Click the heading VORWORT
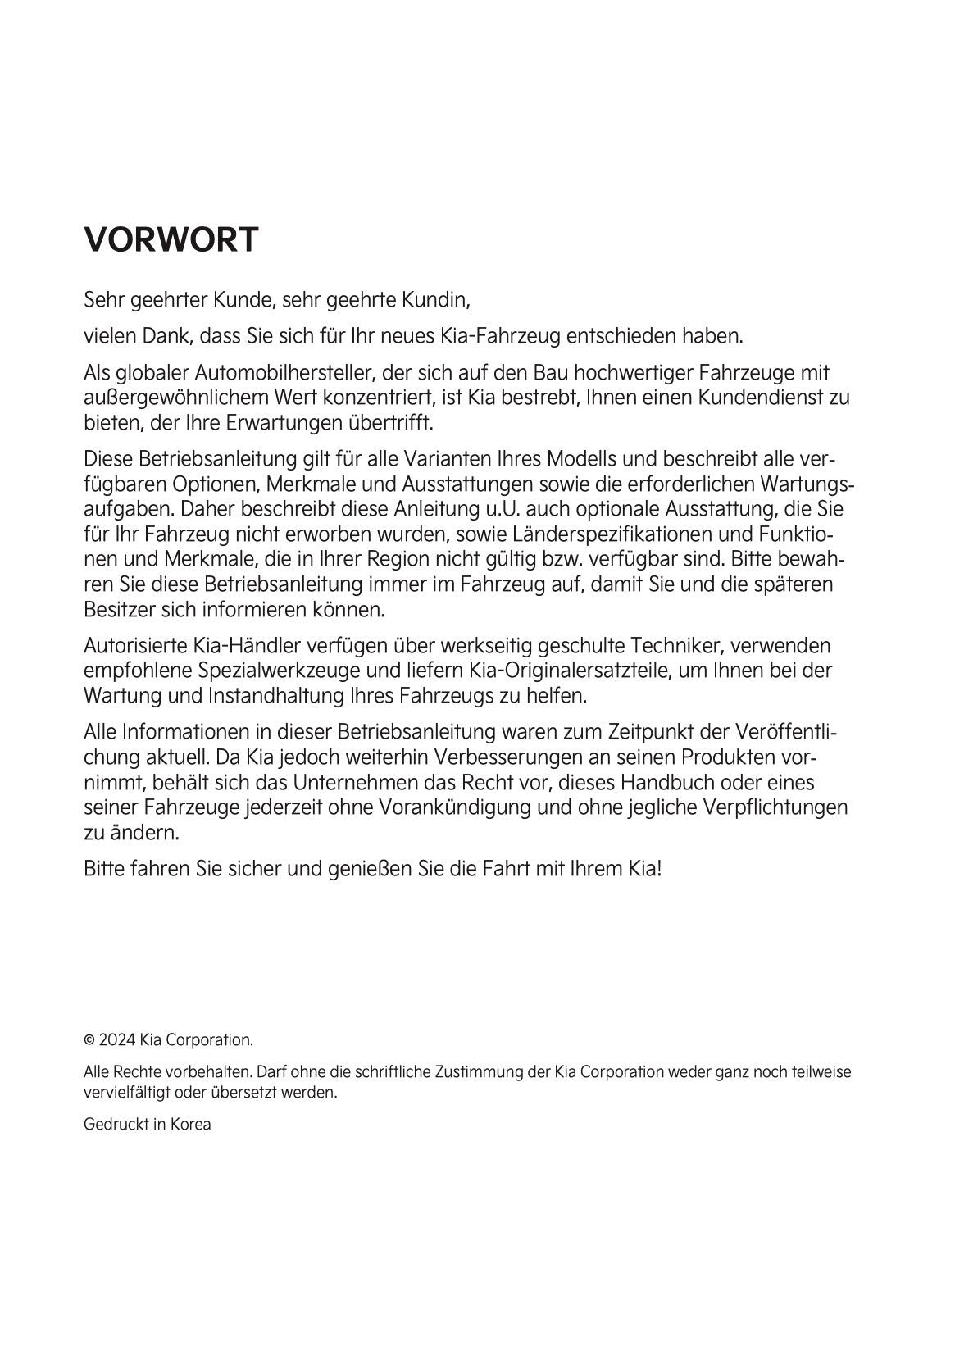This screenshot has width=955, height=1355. coord(171,239)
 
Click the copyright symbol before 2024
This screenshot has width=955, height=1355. coord(89,1040)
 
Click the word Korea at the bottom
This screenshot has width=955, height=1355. coord(190,1125)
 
